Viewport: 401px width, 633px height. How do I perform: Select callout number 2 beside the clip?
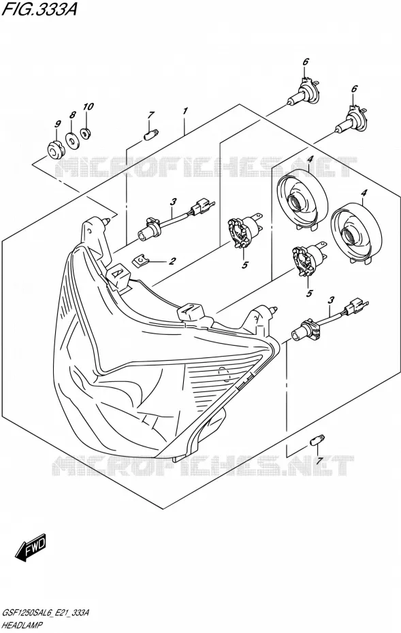[172, 261]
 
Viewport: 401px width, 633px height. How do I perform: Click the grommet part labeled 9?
[54, 148]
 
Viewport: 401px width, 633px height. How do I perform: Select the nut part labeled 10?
[85, 133]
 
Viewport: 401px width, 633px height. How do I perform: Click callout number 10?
[88, 107]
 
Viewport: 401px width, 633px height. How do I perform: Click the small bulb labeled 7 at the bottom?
[317, 440]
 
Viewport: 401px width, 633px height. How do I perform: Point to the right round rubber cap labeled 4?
[356, 233]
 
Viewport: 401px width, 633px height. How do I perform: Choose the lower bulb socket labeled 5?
[308, 260]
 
